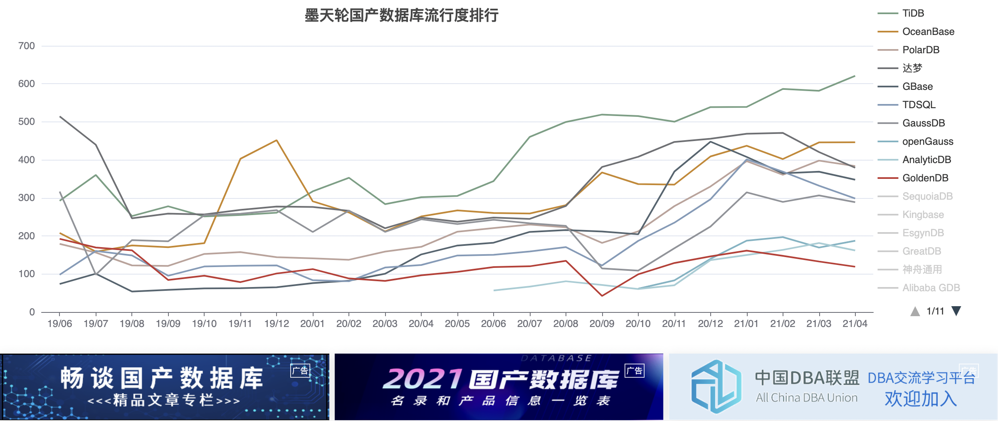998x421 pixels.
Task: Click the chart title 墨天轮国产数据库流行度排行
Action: pos(401,16)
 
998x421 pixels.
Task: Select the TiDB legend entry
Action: pos(913,13)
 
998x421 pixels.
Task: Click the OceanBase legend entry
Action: pos(928,32)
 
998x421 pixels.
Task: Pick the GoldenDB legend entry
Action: pos(925,178)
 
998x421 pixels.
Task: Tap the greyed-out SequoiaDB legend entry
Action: pos(927,196)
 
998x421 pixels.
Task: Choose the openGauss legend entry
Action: pos(927,141)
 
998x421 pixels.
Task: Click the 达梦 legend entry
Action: pos(912,68)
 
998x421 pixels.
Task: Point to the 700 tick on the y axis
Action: pos(26,46)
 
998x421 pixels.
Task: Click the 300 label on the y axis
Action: pos(26,198)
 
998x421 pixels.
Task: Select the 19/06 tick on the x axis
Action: pos(59,324)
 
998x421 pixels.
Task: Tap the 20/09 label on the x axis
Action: pos(602,324)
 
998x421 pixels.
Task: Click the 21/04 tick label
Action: pos(855,324)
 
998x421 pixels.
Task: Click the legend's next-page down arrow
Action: pos(956,311)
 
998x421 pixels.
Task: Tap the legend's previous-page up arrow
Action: pos(915,311)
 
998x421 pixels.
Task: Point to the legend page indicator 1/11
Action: pos(935,311)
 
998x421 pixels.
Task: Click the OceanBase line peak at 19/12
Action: pos(277,140)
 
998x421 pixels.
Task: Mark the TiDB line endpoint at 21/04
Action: pos(855,76)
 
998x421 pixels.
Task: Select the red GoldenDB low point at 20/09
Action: pos(602,296)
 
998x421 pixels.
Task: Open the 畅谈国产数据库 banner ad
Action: pos(165,387)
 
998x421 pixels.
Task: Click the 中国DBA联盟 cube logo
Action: pos(716,386)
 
